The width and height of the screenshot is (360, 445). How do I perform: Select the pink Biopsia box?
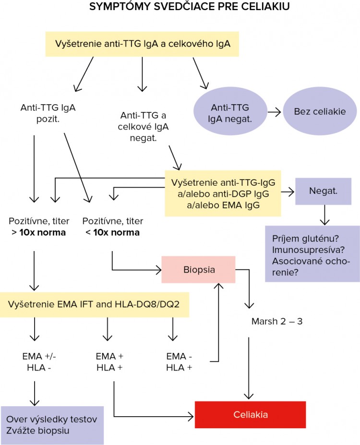[x=198, y=270]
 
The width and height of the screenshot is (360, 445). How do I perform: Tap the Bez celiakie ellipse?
[x=320, y=112]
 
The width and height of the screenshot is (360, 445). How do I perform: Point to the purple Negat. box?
[x=324, y=191]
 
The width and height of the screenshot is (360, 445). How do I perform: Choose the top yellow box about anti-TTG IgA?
[x=142, y=44]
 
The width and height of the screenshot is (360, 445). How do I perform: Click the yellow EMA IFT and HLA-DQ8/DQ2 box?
[x=95, y=303]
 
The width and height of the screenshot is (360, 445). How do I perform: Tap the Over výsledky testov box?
[x=52, y=425]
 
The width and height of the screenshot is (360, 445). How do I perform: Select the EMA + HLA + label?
[x=110, y=362]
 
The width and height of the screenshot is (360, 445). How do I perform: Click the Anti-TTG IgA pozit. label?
[x=48, y=113]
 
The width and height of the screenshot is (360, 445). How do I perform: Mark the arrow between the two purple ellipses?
[x=274, y=112]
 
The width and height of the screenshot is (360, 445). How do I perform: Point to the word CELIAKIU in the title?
[x=262, y=8]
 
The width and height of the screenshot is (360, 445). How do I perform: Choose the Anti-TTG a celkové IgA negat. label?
[x=144, y=127]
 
